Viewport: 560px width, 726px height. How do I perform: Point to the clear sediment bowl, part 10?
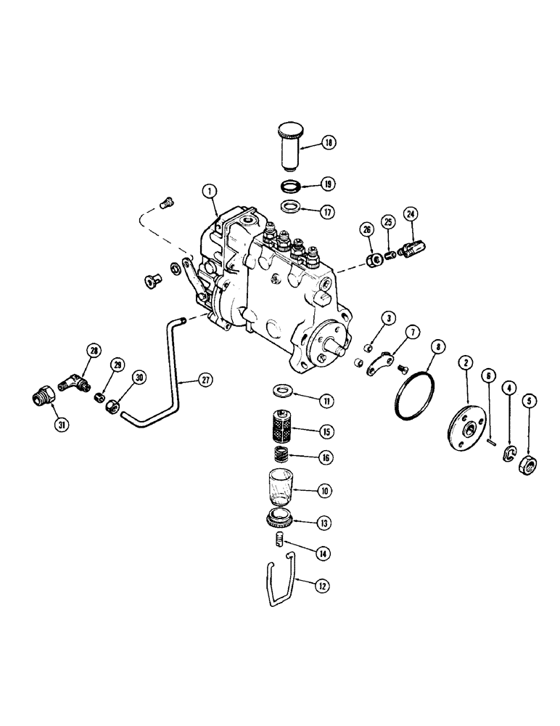[279, 486]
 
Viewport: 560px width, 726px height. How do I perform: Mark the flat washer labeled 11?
[279, 394]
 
